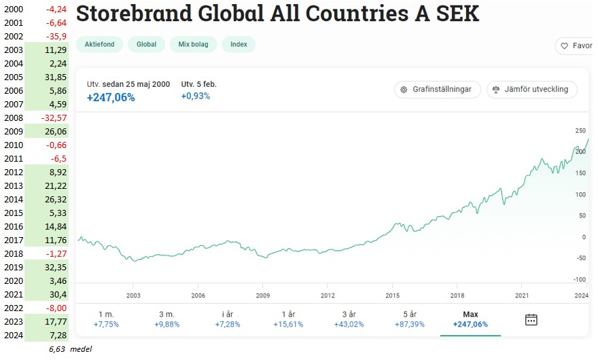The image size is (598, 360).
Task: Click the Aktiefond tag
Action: pos(99,45)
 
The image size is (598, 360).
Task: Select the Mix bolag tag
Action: pos(194,45)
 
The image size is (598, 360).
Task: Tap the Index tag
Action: pos(239,45)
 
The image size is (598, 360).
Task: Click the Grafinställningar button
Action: pos(438,90)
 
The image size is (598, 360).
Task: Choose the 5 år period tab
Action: pos(409,319)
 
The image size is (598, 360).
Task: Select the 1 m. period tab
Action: pos(105,319)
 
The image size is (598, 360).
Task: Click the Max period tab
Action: pos(470,319)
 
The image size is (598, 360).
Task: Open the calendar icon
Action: pos(531,319)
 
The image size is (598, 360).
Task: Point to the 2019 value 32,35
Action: pos(54,268)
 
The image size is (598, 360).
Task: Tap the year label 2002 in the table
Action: pos(13,37)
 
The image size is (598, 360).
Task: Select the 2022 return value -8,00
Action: pos(54,308)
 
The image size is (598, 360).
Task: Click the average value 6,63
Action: pos(58,349)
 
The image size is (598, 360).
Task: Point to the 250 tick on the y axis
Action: pos(580,131)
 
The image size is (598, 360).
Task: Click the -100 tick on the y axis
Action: pos(579,279)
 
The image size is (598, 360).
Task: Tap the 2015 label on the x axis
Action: pos(393,295)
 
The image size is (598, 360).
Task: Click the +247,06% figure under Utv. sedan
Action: pos(111,97)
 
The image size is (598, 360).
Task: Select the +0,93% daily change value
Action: pos(196,96)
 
